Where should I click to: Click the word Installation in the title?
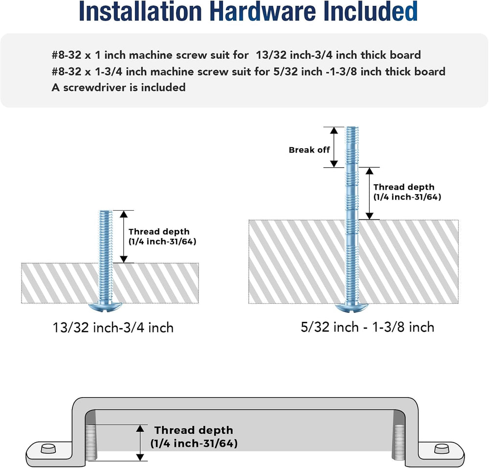[141, 12]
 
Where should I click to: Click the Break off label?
[309, 150]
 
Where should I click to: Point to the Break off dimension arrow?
[334, 147]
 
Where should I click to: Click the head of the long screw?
[352, 307]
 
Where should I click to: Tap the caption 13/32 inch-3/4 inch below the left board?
[113, 328]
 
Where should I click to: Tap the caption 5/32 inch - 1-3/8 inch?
[367, 327]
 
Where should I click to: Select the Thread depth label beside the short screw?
[162, 236]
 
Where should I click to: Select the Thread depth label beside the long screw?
[407, 192]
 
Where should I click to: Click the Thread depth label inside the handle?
[194, 437]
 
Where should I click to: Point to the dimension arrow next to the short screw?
[124, 237]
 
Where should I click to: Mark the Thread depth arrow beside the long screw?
[370, 193]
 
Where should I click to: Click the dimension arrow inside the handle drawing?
[140, 443]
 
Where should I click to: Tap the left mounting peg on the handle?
[48, 448]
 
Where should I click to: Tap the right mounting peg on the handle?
[442, 448]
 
